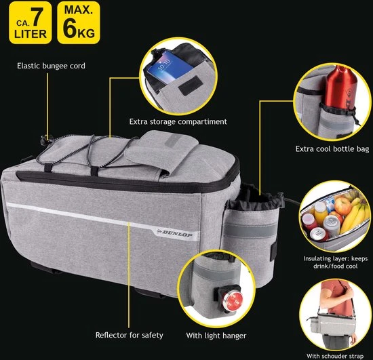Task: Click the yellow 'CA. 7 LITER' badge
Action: [31, 23]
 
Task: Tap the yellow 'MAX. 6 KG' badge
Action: [79, 23]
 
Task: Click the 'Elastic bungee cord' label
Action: [51, 66]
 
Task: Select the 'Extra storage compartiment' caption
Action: [178, 122]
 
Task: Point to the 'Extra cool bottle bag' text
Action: [332, 149]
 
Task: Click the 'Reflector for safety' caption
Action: [129, 335]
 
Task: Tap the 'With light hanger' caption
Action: [216, 336]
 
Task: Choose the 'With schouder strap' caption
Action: [335, 356]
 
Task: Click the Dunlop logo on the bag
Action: [174, 233]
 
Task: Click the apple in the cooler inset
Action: [342, 206]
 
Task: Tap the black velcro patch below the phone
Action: [191, 85]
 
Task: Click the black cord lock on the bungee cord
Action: [45, 140]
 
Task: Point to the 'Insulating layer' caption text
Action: [336, 262]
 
